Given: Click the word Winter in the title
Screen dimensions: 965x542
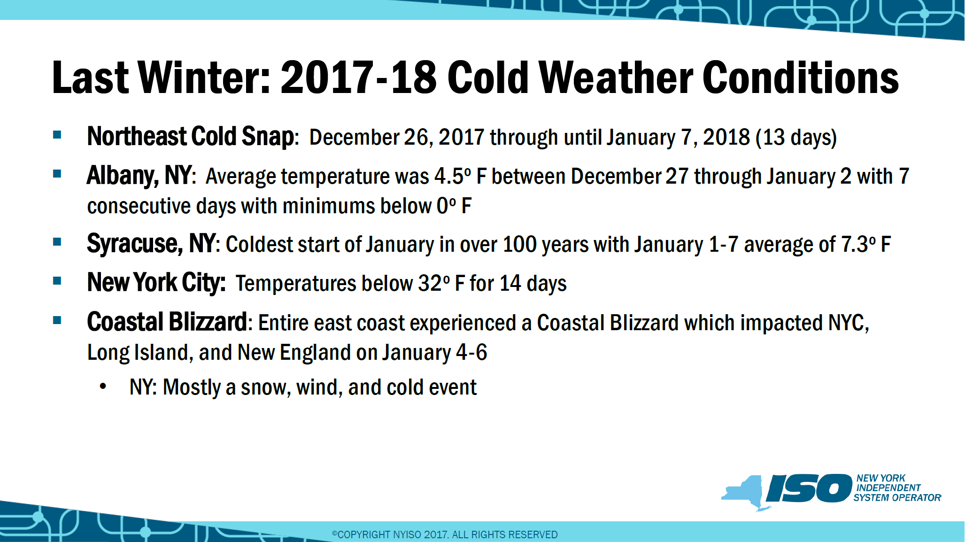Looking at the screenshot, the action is click(204, 77).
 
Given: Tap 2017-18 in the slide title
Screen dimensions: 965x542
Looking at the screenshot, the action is click(359, 77).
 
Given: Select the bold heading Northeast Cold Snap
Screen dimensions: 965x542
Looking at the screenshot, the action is click(191, 137).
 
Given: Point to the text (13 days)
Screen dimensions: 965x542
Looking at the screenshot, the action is click(796, 138).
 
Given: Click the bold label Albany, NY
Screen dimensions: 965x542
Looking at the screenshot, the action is click(139, 176).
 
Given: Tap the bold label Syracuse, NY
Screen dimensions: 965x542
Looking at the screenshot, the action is click(151, 244).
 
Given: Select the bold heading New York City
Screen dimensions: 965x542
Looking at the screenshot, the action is click(156, 283).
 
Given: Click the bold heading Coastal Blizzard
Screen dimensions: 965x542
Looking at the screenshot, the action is click(167, 322).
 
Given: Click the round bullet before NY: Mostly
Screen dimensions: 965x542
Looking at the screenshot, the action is click(103, 387).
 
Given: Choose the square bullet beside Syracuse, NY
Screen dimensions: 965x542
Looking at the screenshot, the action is click(57, 242).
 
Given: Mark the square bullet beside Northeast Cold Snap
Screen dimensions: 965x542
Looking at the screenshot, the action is click(57, 135).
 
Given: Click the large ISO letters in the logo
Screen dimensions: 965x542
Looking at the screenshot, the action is click(809, 488).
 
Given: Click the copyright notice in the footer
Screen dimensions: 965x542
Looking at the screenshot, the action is click(445, 534).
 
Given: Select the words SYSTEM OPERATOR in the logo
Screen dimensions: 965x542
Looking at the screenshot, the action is click(897, 498).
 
